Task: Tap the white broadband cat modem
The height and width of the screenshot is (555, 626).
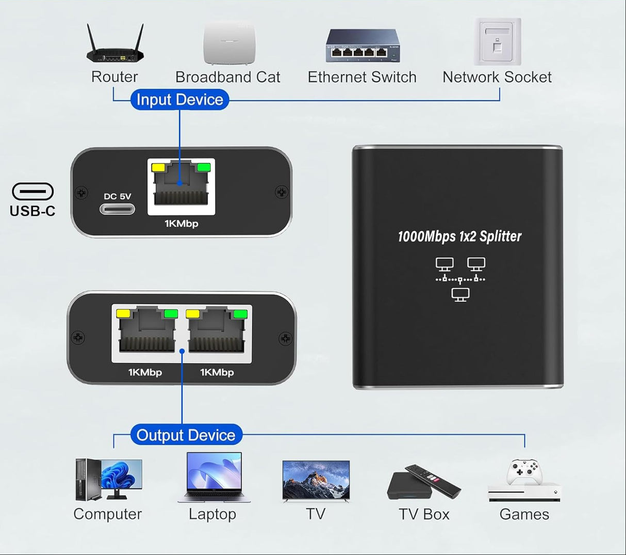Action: pyautogui.click(x=229, y=43)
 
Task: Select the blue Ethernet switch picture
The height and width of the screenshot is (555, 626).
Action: pyautogui.click(x=363, y=46)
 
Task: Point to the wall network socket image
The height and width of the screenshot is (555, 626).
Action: pyautogui.click(x=498, y=42)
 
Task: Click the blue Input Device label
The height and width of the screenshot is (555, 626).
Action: pyautogui.click(x=179, y=100)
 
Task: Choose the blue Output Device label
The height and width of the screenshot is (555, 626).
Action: pyautogui.click(x=186, y=435)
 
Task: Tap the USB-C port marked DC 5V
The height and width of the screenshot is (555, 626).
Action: pyautogui.click(x=118, y=209)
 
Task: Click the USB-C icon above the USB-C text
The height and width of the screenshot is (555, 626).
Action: pyautogui.click(x=32, y=192)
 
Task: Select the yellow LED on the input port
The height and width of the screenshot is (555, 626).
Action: pyautogui.click(x=157, y=167)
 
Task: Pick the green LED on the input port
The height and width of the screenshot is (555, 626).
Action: pyautogui.click(x=204, y=167)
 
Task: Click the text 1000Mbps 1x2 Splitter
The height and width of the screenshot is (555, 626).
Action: pyautogui.click(x=459, y=236)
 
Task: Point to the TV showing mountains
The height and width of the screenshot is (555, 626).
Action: pyautogui.click(x=316, y=480)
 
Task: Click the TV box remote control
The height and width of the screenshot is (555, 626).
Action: pyautogui.click(x=433, y=480)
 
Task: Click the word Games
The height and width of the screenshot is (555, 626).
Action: pyautogui.click(x=524, y=514)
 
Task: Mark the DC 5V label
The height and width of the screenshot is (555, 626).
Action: pyautogui.click(x=118, y=196)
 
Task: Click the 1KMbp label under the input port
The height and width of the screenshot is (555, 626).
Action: pyautogui.click(x=182, y=224)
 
